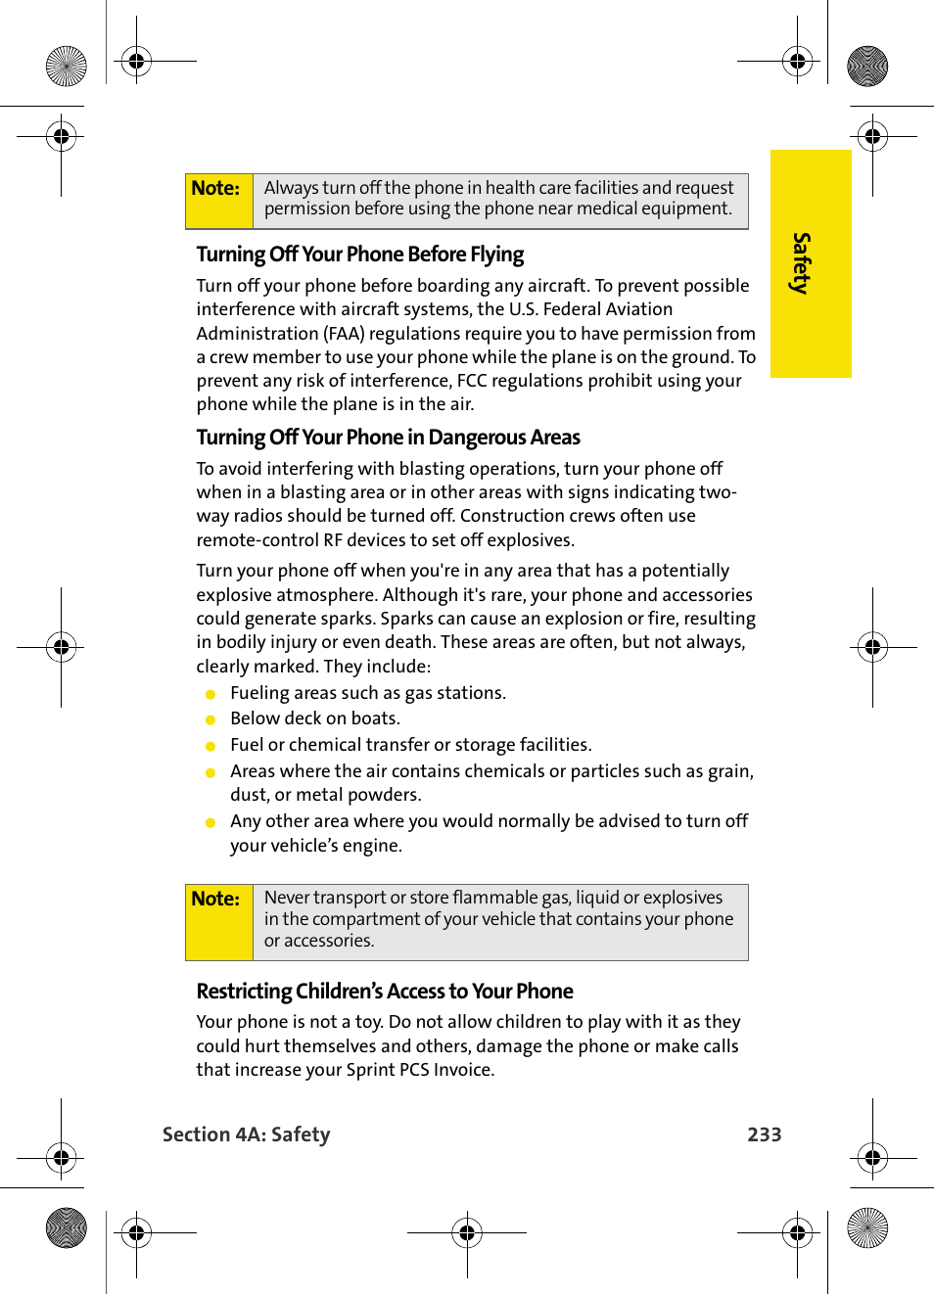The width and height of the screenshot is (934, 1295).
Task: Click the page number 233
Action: [x=764, y=1134]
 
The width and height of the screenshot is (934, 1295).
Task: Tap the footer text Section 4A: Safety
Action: [x=246, y=1134]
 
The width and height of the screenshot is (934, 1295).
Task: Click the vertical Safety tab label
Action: [x=802, y=263]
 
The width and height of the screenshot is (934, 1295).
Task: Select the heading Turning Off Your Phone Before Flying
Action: [x=359, y=254]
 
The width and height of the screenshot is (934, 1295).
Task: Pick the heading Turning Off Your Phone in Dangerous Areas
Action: [x=388, y=438]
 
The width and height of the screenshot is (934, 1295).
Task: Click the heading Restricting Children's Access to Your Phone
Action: [x=384, y=992]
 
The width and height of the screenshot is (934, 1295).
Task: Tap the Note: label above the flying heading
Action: [x=215, y=188]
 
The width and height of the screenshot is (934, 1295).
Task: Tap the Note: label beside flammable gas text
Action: [x=215, y=899]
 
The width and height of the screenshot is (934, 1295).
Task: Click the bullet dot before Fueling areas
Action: [x=210, y=694]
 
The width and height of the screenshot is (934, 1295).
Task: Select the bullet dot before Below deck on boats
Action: [x=210, y=719]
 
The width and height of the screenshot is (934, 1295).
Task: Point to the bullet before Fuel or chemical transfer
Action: [x=210, y=746]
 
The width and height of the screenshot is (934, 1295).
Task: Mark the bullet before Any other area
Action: [x=210, y=822]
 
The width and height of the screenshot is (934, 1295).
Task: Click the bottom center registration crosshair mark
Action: [x=467, y=1232]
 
